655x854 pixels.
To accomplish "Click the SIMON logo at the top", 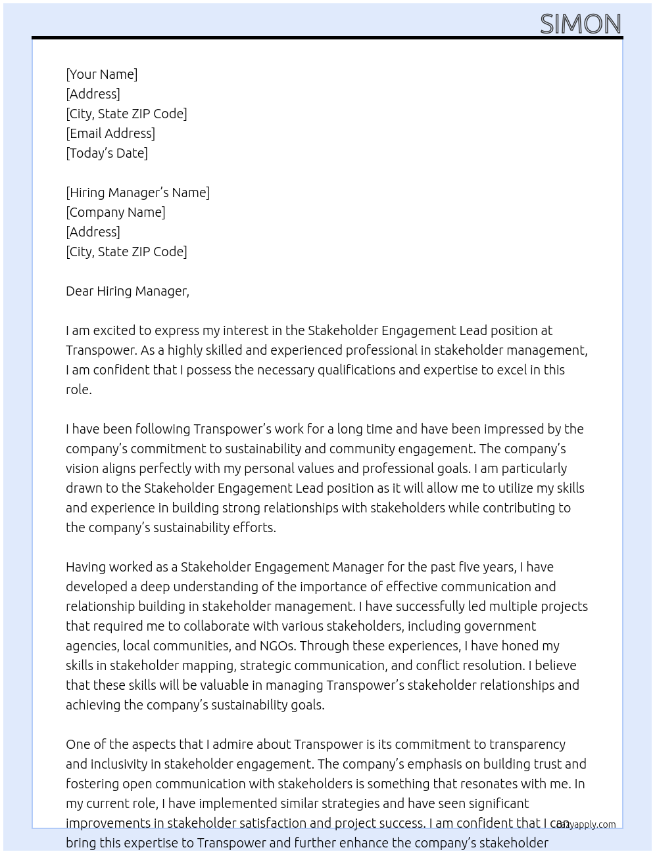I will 580,24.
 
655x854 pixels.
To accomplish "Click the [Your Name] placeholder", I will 101,74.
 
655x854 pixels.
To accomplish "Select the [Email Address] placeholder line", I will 110,133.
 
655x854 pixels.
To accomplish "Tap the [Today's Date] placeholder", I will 107,153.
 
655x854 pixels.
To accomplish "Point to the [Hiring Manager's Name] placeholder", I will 137,192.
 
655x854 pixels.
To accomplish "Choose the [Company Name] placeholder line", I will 115,212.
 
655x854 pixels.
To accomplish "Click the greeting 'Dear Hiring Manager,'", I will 127,291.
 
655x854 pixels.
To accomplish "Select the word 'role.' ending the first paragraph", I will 79,390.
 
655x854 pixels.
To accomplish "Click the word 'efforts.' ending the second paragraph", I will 253,528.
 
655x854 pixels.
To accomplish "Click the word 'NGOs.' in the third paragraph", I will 278,646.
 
